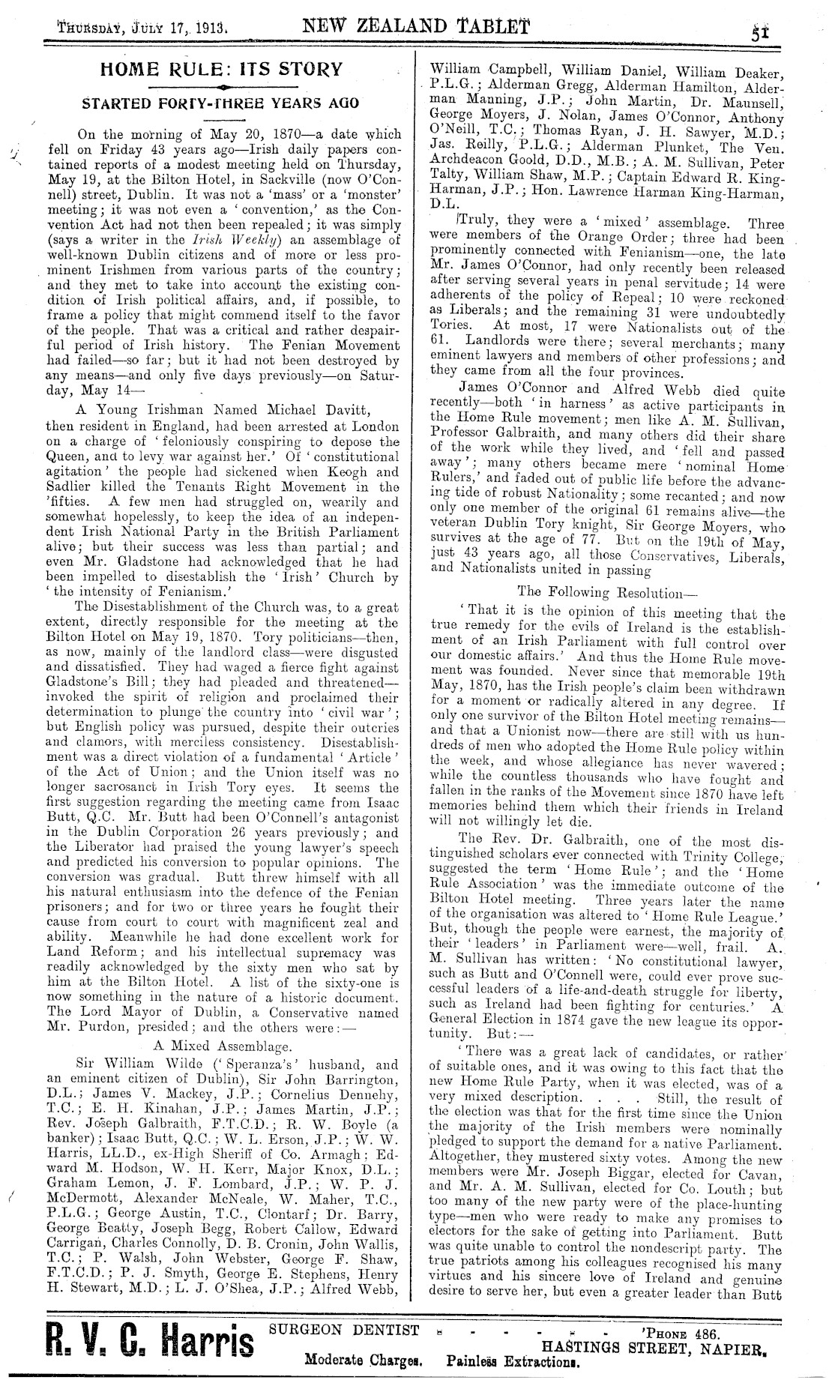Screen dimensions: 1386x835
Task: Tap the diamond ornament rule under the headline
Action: pyautogui.click(x=219, y=88)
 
